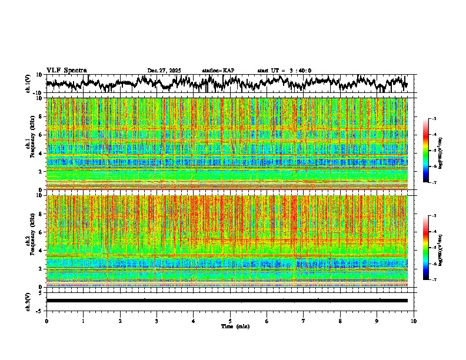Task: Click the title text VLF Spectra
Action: pyautogui.click(x=66, y=71)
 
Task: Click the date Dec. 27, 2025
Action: pyautogui.click(x=164, y=71)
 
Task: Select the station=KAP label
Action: pyautogui.click(x=218, y=71)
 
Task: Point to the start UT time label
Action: pyautogui.click(x=284, y=71)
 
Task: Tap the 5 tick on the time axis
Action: pyautogui.click(x=230, y=321)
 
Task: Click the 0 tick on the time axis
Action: pyautogui.click(x=46, y=321)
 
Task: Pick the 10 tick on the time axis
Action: pyautogui.click(x=414, y=321)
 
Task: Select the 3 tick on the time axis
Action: pyautogui.click(x=157, y=321)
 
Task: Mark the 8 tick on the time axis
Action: pyautogui.click(x=340, y=321)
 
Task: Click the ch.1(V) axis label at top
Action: pyautogui.click(x=28, y=84)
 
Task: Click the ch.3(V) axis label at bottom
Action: pyautogui.click(x=28, y=300)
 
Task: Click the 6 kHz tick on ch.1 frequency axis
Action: pyautogui.click(x=40, y=135)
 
